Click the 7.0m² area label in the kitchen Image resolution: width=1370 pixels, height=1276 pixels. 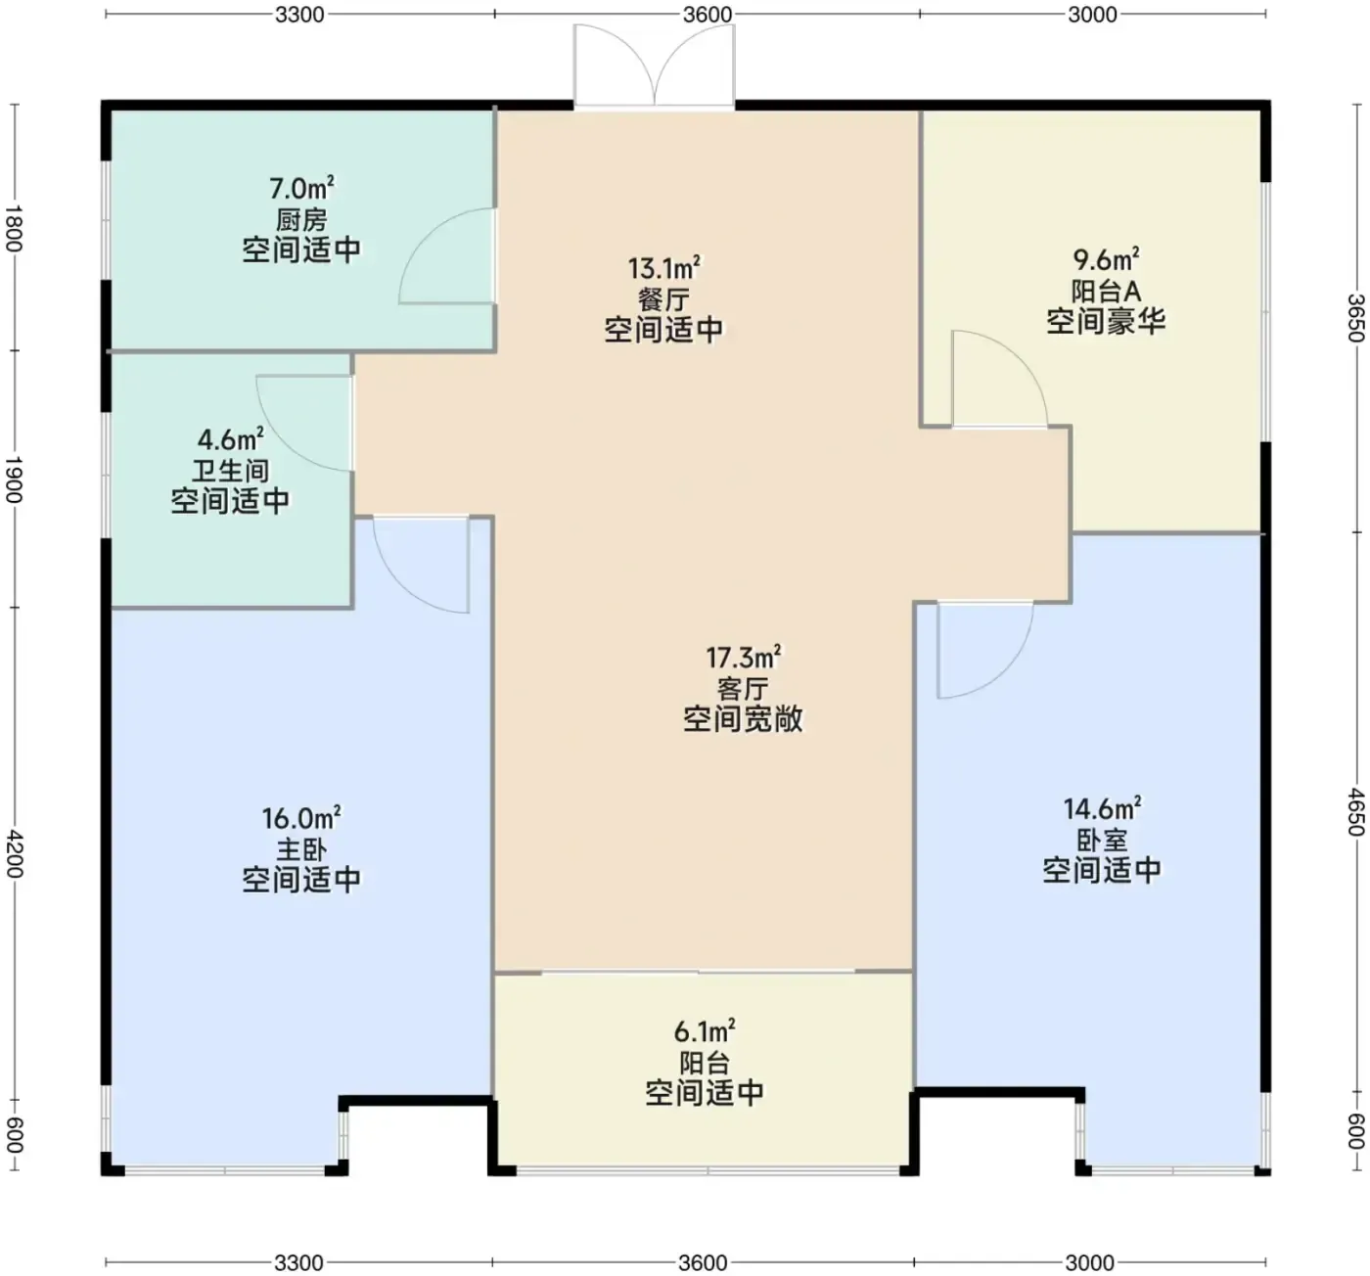301,188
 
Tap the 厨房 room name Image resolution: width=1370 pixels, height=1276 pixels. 301,220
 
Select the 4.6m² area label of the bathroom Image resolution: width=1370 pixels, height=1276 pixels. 230,439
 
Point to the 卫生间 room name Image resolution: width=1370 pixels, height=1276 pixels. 230,472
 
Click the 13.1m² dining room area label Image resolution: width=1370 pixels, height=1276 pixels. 663,268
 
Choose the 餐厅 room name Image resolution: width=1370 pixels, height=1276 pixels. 663,299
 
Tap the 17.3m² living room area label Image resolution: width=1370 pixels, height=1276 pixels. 743,658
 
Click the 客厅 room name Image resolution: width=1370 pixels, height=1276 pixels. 743,689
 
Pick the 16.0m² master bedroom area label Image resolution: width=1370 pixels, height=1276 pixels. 301,818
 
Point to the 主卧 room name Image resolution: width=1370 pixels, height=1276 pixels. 301,849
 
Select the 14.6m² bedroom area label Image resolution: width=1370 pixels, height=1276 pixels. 1102,809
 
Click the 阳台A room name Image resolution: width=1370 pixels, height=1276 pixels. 1106,292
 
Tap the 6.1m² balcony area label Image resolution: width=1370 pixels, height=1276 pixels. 705,1032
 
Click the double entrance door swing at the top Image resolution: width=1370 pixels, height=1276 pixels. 654,66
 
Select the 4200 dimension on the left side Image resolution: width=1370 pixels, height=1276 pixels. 15,854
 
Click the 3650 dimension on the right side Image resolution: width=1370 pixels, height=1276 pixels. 1354,318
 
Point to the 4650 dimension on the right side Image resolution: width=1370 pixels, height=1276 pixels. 1354,812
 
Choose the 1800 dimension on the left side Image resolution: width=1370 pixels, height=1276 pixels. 15,228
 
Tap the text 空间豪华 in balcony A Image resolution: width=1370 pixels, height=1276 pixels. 1106,322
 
